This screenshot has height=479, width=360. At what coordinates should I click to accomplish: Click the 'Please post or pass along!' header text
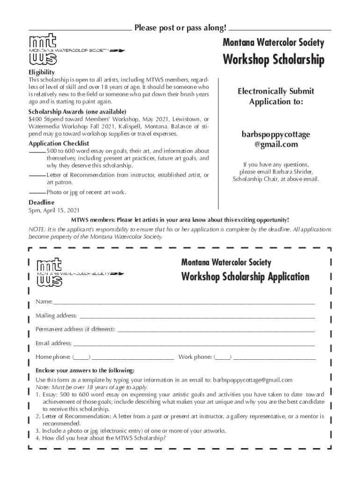tap(180, 28)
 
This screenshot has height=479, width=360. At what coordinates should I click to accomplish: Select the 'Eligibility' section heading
tap(42, 73)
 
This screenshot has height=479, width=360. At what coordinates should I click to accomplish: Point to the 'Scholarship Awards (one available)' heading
tap(77, 112)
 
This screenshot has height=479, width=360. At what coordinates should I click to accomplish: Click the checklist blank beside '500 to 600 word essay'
tap(37, 152)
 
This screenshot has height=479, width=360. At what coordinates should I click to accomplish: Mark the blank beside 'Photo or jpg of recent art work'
tap(37, 192)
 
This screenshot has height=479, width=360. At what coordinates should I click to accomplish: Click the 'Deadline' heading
tap(41, 202)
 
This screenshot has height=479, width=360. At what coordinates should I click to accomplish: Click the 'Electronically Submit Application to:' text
tap(275, 96)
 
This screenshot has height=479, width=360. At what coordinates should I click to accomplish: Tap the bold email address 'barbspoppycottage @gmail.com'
tap(275, 139)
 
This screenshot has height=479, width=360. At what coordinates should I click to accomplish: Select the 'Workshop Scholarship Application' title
tap(245, 276)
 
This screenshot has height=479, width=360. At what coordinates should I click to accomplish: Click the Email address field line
tap(193, 344)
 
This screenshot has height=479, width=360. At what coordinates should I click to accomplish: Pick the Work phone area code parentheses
tap(223, 357)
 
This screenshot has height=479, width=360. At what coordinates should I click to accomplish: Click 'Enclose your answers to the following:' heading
tap(85, 370)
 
